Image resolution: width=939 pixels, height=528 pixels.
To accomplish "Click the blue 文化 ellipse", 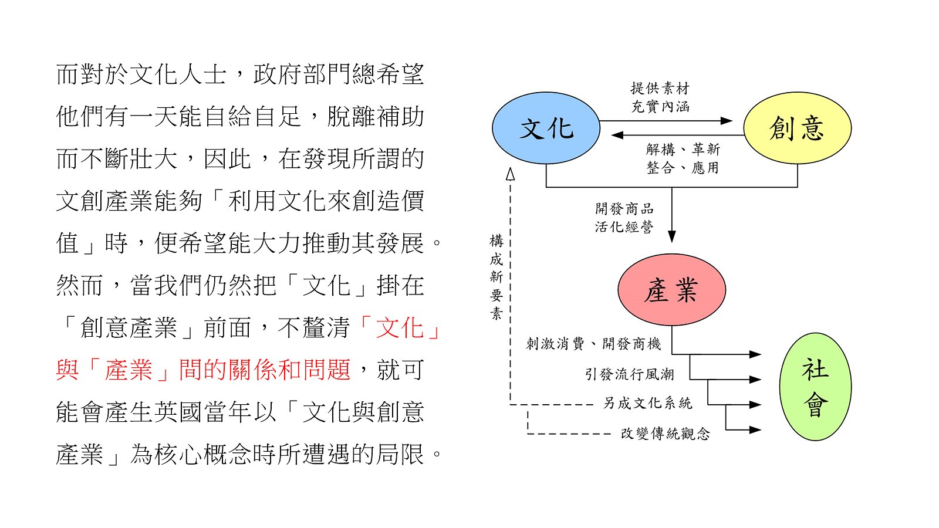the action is click(x=546, y=128).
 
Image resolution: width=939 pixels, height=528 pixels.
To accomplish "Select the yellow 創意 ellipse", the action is click(x=798, y=128).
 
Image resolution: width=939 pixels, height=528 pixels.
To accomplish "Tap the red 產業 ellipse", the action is click(x=671, y=290).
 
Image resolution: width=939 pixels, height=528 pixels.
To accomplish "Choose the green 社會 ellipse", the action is click(x=815, y=387).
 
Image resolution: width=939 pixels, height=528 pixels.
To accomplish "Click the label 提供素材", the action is click(x=660, y=89).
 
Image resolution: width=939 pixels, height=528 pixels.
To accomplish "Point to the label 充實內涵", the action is click(x=660, y=106).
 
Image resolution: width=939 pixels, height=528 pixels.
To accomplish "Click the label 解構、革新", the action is click(x=683, y=149).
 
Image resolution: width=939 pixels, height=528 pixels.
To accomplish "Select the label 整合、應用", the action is click(x=683, y=168).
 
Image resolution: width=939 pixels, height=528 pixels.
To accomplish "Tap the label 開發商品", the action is click(x=624, y=208).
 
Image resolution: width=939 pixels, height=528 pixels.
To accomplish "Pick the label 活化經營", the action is click(x=624, y=226).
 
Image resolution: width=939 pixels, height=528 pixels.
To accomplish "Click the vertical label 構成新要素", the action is click(x=496, y=277).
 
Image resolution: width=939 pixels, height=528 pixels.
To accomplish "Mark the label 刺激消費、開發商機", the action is click(x=593, y=344).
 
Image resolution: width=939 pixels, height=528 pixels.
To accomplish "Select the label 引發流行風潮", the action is click(x=630, y=374).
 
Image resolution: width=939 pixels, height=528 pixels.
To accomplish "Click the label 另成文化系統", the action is click(x=648, y=403).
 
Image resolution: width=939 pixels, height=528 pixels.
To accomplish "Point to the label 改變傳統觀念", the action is click(x=666, y=434).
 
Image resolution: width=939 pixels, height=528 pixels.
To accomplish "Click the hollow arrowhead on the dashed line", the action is click(x=510, y=174).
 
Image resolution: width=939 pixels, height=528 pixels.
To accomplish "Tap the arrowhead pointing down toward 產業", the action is click(x=671, y=236).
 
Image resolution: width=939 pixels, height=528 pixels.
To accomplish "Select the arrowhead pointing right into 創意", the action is click(x=727, y=121).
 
